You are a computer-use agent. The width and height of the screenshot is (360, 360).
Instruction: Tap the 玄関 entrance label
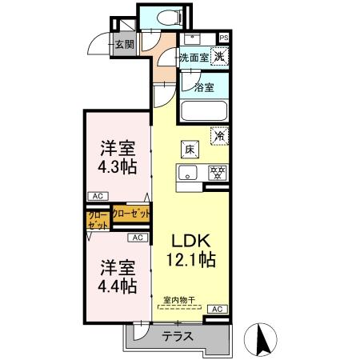[124, 44]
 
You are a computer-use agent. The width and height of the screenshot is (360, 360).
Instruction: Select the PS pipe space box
[224, 38]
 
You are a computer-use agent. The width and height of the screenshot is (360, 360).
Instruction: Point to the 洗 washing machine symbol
[218, 57]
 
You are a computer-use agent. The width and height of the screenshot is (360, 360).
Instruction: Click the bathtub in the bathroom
[205, 110]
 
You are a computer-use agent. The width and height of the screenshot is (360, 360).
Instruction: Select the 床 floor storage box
[190, 149]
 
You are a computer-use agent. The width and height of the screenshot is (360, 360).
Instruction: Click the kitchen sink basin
[190, 172]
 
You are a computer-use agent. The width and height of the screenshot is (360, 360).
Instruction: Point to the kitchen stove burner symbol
[215, 171]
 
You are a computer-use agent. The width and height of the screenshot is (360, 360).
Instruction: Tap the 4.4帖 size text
[117, 285]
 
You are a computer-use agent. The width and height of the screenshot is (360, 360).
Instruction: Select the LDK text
[190, 240]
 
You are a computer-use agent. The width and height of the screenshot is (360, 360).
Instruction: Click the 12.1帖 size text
[190, 259]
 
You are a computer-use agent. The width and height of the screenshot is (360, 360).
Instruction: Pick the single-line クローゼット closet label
[130, 214]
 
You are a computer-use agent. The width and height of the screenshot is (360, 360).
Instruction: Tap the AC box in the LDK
[217, 308]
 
